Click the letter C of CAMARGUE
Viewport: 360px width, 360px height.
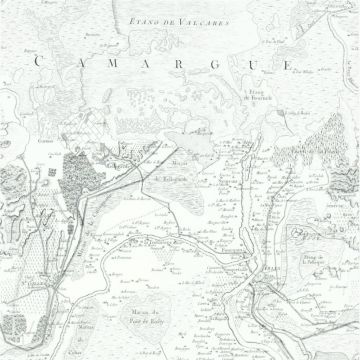(39, 62)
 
